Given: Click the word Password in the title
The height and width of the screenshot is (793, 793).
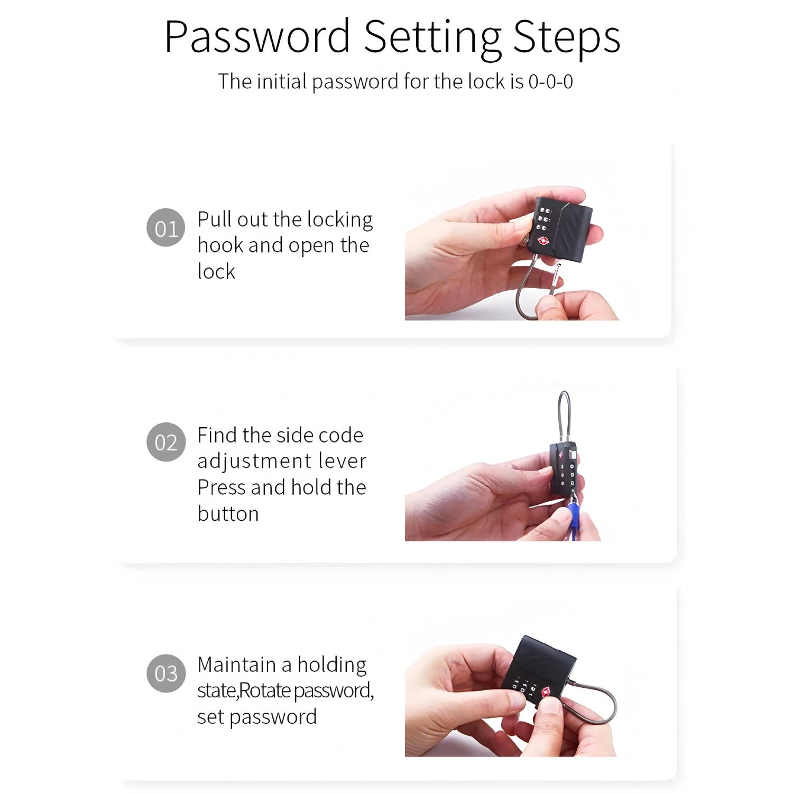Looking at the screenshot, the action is tap(257, 36).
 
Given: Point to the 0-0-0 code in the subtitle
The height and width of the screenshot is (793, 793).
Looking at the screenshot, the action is tap(550, 82).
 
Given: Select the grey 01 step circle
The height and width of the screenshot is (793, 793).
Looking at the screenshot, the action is tap(166, 228).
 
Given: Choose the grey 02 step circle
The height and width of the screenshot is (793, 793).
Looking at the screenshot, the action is tap(166, 442).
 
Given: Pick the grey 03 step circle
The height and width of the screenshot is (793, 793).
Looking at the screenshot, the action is tap(166, 673).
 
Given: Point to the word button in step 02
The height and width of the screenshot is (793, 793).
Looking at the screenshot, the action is tap(228, 513).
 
